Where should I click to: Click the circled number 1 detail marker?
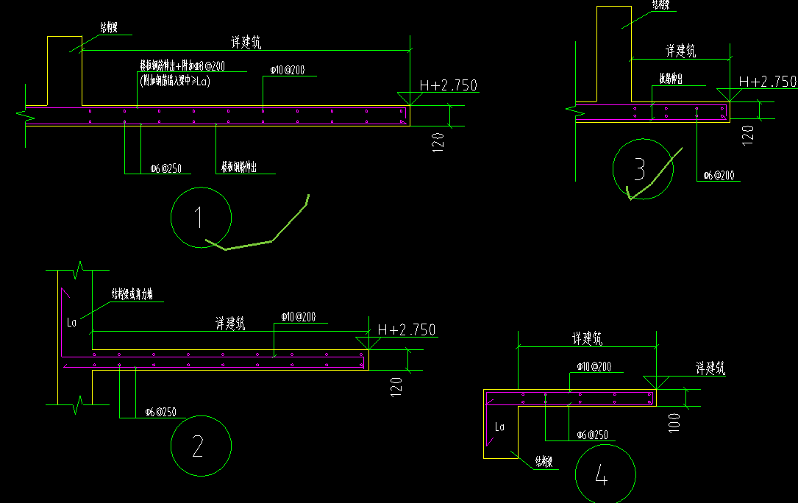point(201,217)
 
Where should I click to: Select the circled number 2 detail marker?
point(201,446)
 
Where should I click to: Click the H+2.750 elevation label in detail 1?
point(448,86)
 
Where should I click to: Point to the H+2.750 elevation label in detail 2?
point(406,330)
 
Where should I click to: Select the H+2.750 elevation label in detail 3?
point(767,82)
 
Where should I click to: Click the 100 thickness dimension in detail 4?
point(675,422)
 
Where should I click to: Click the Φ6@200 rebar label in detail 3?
point(718,176)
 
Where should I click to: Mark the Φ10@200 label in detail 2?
point(298,317)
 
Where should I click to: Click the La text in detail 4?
point(500,426)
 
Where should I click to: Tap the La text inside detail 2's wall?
point(71,322)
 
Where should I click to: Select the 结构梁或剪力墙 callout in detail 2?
point(132,295)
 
